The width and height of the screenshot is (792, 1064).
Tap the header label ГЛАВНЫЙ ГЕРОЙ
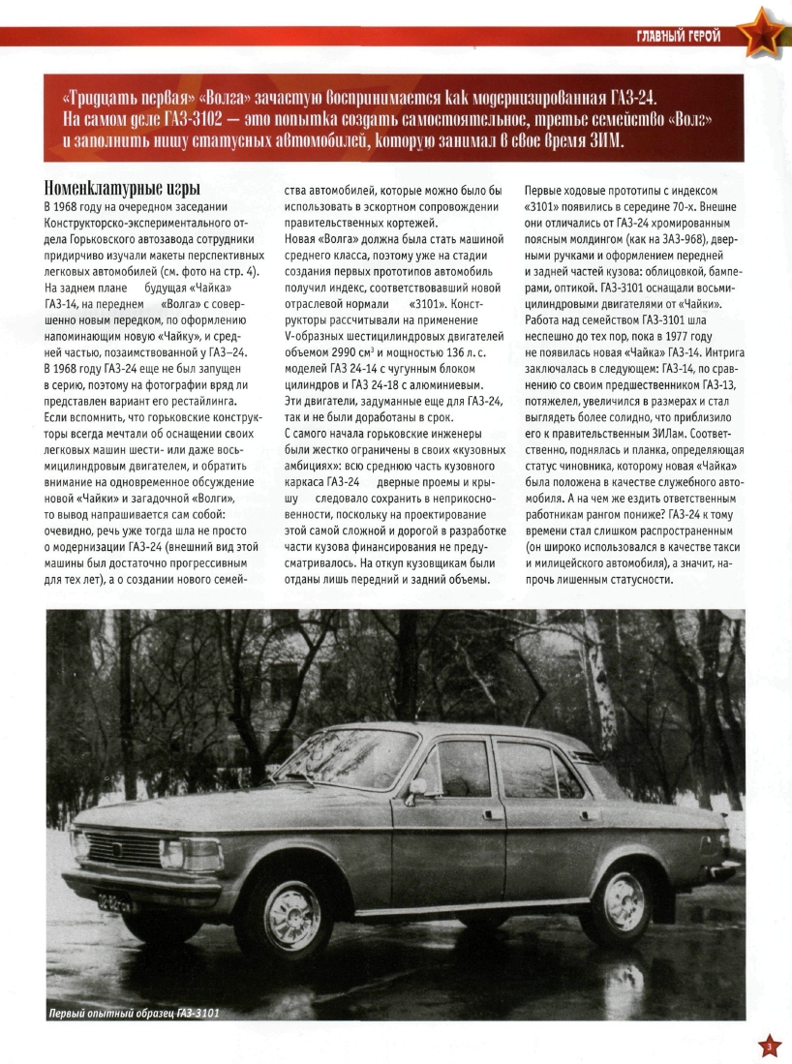point(678,37)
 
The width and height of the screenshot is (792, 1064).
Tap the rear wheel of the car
point(617,902)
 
